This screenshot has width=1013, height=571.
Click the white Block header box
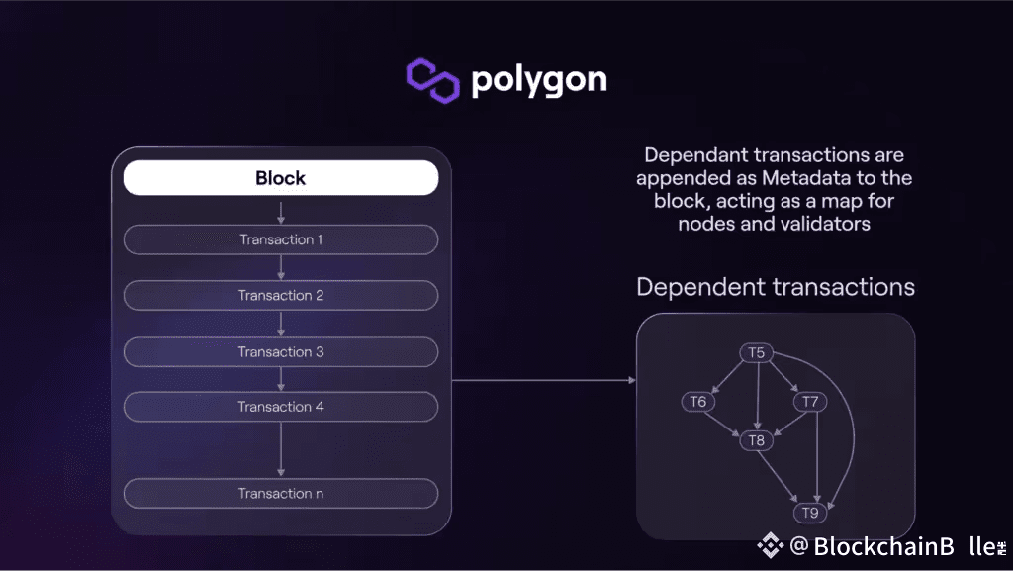(x=280, y=178)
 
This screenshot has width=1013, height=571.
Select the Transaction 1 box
(x=280, y=239)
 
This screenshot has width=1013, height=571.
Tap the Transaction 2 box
(x=280, y=295)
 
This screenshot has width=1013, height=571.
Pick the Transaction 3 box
(x=280, y=351)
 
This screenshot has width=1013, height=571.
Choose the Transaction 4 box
(x=280, y=407)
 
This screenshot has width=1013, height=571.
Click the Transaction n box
(x=280, y=493)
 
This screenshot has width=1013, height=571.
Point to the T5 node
(x=757, y=352)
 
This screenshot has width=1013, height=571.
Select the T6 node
(x=698, y=402)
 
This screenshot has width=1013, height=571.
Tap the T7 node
(x=810, y=402)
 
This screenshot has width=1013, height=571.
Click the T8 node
(x=757, y=440)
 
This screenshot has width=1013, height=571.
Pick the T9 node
(x=810, y=512)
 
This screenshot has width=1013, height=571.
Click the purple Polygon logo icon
(x=433, y=80)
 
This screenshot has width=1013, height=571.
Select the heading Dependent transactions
(x=775, y=287)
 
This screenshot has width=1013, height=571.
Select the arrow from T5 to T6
(x=726, y=376)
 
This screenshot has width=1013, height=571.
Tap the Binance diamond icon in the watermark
(x=771, y=545)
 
